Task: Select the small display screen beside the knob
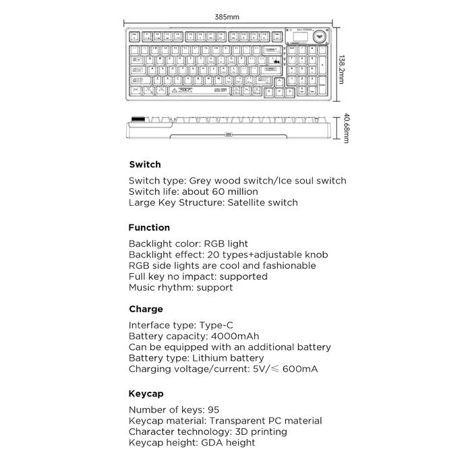pos(297,36)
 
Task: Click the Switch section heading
pos(144,165)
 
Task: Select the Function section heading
pos(149,228)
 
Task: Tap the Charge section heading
pos(146,309)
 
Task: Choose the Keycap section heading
pos(146,394)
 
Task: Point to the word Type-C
pos(216,326)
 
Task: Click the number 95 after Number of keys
pos(214,410)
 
